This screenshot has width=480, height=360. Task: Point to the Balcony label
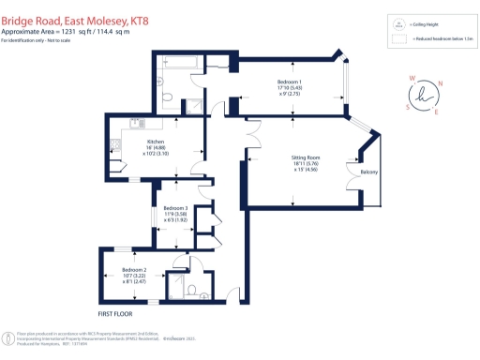click(368, 171)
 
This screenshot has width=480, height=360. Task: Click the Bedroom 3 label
click(175, 208)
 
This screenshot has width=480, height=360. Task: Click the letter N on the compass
click(441, 82)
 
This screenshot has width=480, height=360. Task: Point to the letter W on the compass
click(410, 80)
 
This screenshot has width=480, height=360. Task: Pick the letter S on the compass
click(406, 106)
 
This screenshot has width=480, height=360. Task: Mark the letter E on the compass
click(436, 112)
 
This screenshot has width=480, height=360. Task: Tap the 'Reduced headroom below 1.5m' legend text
click(441, 41)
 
